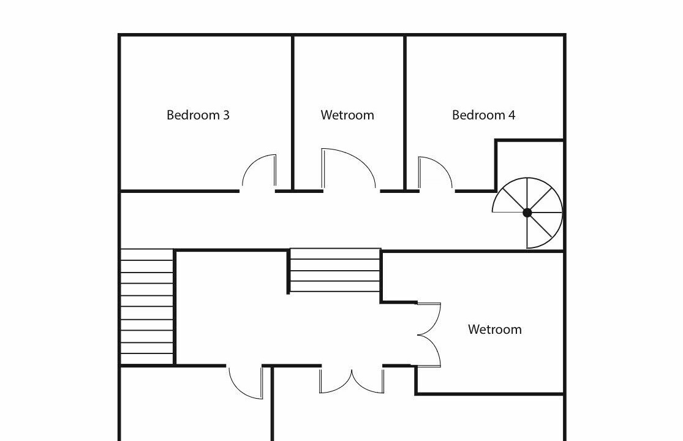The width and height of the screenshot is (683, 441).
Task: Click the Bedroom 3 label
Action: point(198,115)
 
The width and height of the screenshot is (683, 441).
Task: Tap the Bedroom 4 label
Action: point(483,115)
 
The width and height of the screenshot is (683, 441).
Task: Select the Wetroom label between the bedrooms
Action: point(347,115)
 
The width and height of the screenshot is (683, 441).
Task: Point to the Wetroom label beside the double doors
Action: point(495,329)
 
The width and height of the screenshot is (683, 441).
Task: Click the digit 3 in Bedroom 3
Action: point(226,115)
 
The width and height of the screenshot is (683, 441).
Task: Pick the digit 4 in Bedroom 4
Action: point(511,115)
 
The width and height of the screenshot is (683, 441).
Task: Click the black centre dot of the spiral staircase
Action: point(527,213)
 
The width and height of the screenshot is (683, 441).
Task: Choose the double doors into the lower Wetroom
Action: point(429,334)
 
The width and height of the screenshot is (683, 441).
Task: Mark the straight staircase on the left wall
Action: point(147,306)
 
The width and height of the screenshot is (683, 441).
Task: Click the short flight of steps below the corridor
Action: point(335,270)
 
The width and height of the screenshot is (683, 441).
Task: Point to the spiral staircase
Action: point(527,213)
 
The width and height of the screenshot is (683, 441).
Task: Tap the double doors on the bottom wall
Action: point(352,380)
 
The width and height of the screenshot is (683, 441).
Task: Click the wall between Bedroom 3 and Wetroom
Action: point(293,113)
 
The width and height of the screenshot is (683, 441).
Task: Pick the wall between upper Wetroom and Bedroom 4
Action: point(405,113)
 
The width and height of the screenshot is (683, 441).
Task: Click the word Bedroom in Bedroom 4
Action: point(478,115)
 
